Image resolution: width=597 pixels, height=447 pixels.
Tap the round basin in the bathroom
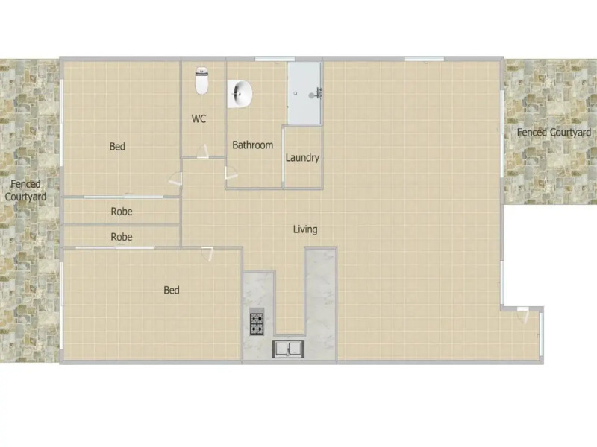[241, 95]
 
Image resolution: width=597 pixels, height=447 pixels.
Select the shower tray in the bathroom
[305, 94]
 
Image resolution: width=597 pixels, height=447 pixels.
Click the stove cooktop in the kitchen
[256, 323]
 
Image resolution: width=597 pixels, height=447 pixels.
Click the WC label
[199, 119]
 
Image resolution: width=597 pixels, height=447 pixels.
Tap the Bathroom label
[252, 145]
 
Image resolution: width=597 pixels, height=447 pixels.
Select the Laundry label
[302, 158]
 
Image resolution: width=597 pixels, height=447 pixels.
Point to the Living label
[304, 229]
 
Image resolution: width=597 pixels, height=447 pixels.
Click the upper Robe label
[122, 212]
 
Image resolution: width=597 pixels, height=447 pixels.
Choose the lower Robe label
[122, 237]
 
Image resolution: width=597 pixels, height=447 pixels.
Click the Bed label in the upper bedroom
[117, 147]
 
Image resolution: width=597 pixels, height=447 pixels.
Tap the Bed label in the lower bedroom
[172, 290]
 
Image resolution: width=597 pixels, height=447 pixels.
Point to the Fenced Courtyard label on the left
[25, 191]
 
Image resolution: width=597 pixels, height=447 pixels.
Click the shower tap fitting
[319, 92]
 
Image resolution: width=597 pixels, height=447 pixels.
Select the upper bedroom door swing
[175, 179]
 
